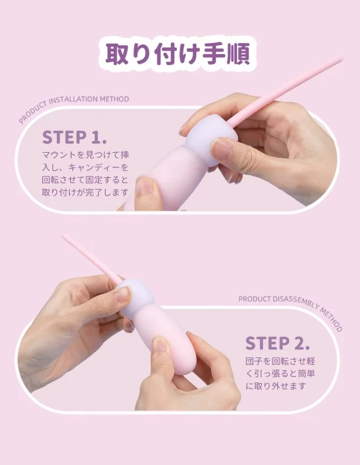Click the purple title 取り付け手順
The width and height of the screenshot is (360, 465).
(178, 54)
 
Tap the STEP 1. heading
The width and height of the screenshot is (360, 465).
(74, 137)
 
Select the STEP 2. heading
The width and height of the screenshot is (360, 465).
(278, 343)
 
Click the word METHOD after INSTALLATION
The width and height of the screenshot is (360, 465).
(114, 99)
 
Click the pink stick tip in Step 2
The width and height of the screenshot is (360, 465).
(65, 237)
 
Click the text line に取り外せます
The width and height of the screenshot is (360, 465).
(276, 386)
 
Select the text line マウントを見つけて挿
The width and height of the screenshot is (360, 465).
(85, 155)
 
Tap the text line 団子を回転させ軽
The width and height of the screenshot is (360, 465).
(280, 361)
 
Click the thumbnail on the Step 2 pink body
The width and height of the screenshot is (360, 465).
(160, 345)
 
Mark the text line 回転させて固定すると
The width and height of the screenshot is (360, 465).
(85, 180)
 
